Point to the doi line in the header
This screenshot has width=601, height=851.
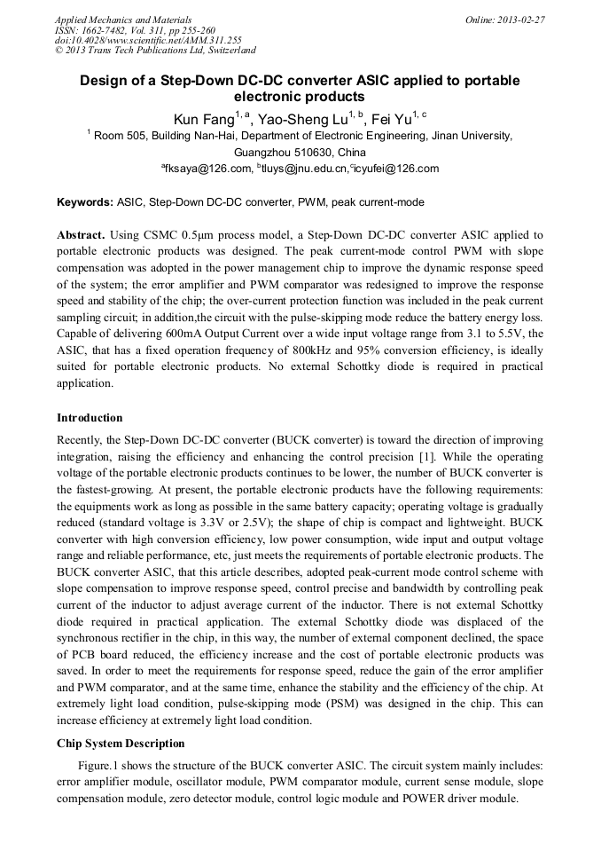click(148, 41)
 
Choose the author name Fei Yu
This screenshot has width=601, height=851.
click(396, 118)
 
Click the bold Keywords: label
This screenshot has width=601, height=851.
click(85, 202)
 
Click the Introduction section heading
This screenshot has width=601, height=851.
click(90, 418)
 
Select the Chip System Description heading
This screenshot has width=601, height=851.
click(121, 744)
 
